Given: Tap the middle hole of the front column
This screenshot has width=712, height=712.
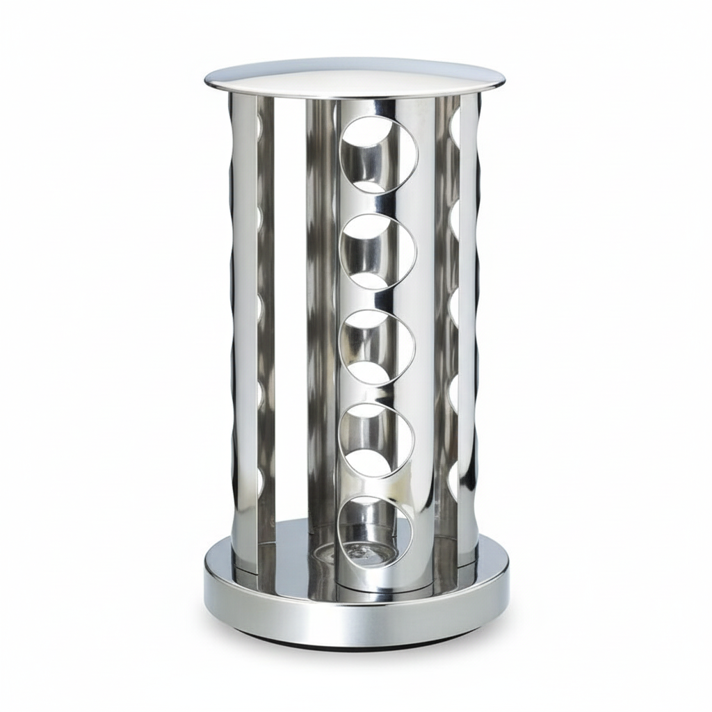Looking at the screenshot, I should (x=376, y=346).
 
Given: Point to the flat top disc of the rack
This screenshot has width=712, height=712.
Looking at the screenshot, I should (x=355, y=78).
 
